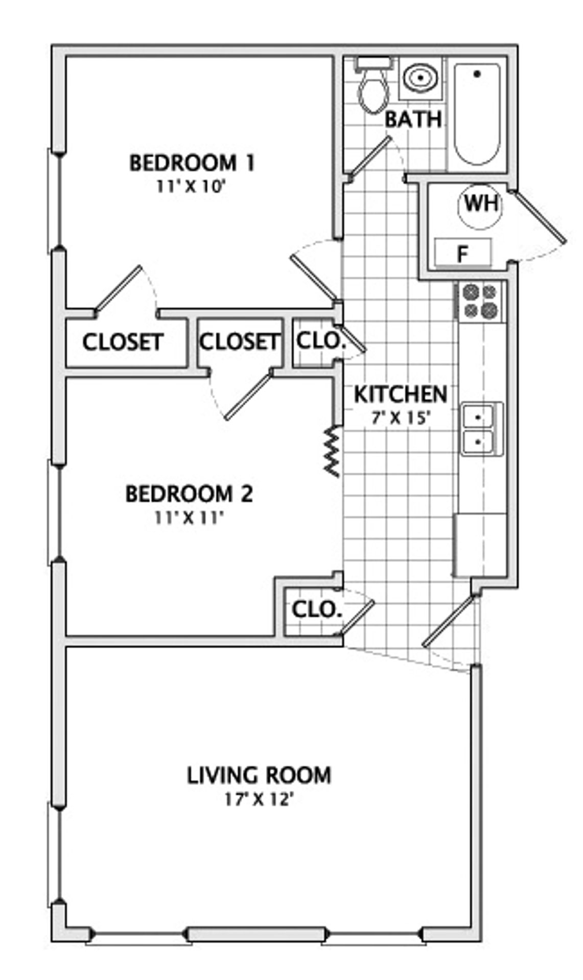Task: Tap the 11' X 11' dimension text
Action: [x=190, y=518]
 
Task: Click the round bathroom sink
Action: [x=421, y=78]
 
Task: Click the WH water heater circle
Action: [x=480, y=205]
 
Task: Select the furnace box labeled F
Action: [x=463, y=253]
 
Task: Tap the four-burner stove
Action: [x=479, y=302]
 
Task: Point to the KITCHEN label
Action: [x=401, y=394]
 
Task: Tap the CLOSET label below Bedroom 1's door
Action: [x=123, y=342]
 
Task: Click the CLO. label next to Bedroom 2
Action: [x=316, y=609]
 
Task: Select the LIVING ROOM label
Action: [x=259, y=775]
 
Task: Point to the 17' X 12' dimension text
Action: [x=259, y=799]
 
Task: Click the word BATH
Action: [x=413, y=120]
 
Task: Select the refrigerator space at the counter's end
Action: [x=480, y=545]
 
